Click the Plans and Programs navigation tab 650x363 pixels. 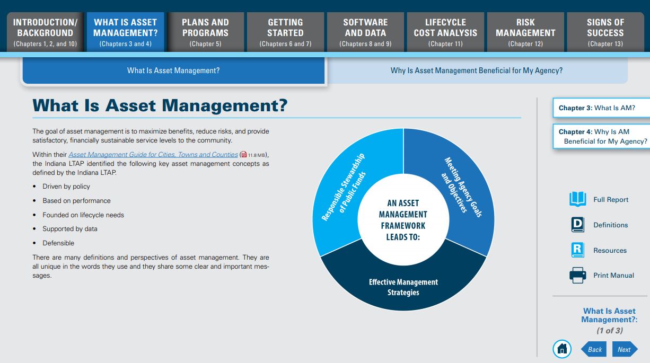point(205,32)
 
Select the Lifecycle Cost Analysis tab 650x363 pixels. point(445,32)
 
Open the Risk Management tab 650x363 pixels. point(525,32)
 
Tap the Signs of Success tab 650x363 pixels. point(605,32)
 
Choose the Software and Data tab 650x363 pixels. point(365,32)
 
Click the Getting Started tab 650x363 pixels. point(285,32)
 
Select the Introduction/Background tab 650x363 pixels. point(45,32)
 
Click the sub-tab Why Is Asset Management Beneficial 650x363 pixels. point(477,70)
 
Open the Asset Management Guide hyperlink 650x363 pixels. point(153,155)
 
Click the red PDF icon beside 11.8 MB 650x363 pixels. point(244,155)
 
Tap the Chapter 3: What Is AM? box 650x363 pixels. point(596,108)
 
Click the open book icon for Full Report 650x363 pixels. point(577,199)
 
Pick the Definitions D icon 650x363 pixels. point(577,225)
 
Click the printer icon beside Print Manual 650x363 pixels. point(577,276)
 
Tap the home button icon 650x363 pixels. point(562,349)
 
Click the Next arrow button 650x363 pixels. point(624,349)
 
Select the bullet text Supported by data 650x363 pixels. point(70,229)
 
